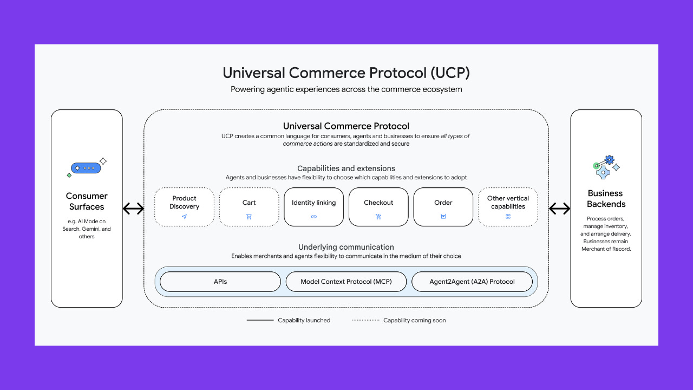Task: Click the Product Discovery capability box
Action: (184, 206)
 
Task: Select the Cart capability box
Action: (249, 206)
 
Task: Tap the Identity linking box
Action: (313, 206)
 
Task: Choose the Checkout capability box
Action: (378, 206)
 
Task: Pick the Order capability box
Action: (443, 206)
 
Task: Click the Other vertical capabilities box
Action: (508, 206)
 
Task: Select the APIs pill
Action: (220, 282)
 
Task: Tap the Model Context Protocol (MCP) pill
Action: (346, 282)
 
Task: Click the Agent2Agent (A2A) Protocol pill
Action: (472, 282)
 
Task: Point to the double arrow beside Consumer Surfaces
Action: (133, 209)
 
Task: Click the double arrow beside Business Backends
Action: (559, 209)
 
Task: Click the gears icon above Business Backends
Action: (605, 167)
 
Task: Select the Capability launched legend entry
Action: (289, 320)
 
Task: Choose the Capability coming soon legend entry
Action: (399, 320)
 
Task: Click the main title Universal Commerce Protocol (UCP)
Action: (346, 73)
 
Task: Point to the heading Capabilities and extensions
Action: (346, 168)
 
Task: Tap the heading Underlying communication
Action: (346, 247)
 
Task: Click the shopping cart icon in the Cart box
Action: (249, 217)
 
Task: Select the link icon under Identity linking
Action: (313, 217)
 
